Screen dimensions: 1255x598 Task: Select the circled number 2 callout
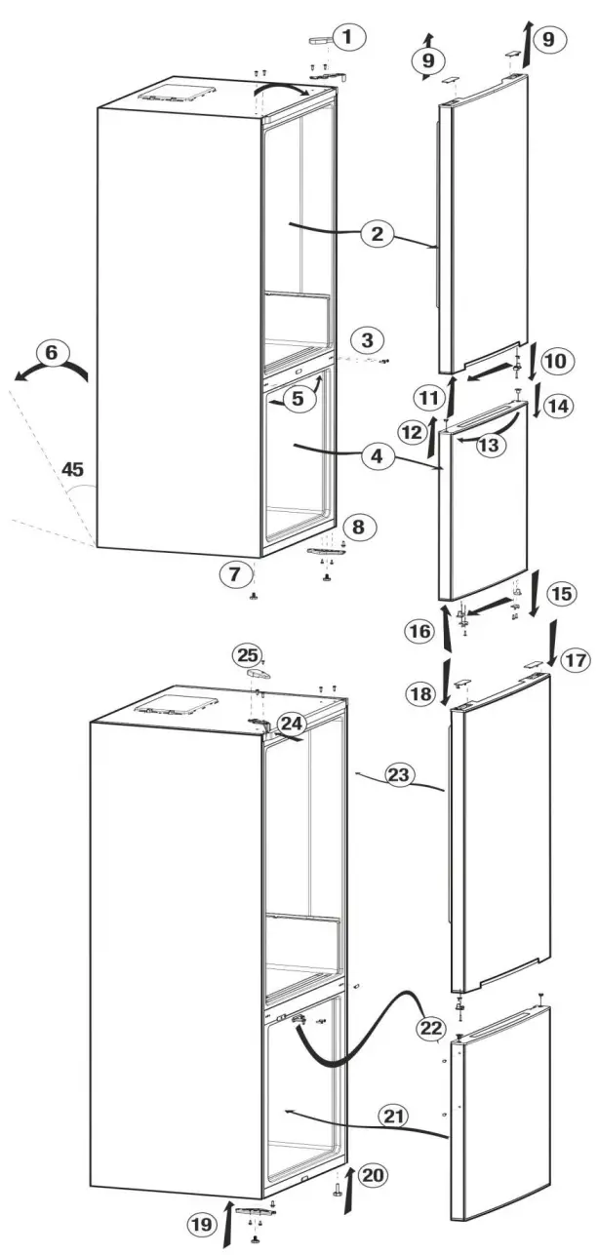click(375, 234)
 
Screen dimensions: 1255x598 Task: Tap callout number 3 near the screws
click(366, 340)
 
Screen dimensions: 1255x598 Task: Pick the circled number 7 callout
click(234, 575)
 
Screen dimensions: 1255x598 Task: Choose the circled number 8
click(358, 528)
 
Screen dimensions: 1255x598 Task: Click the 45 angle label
click(72, 470)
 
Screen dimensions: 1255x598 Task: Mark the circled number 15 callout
click(562, 593)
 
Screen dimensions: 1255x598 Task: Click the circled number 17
click(576, 660)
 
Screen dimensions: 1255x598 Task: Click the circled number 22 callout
click(429, 1029)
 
